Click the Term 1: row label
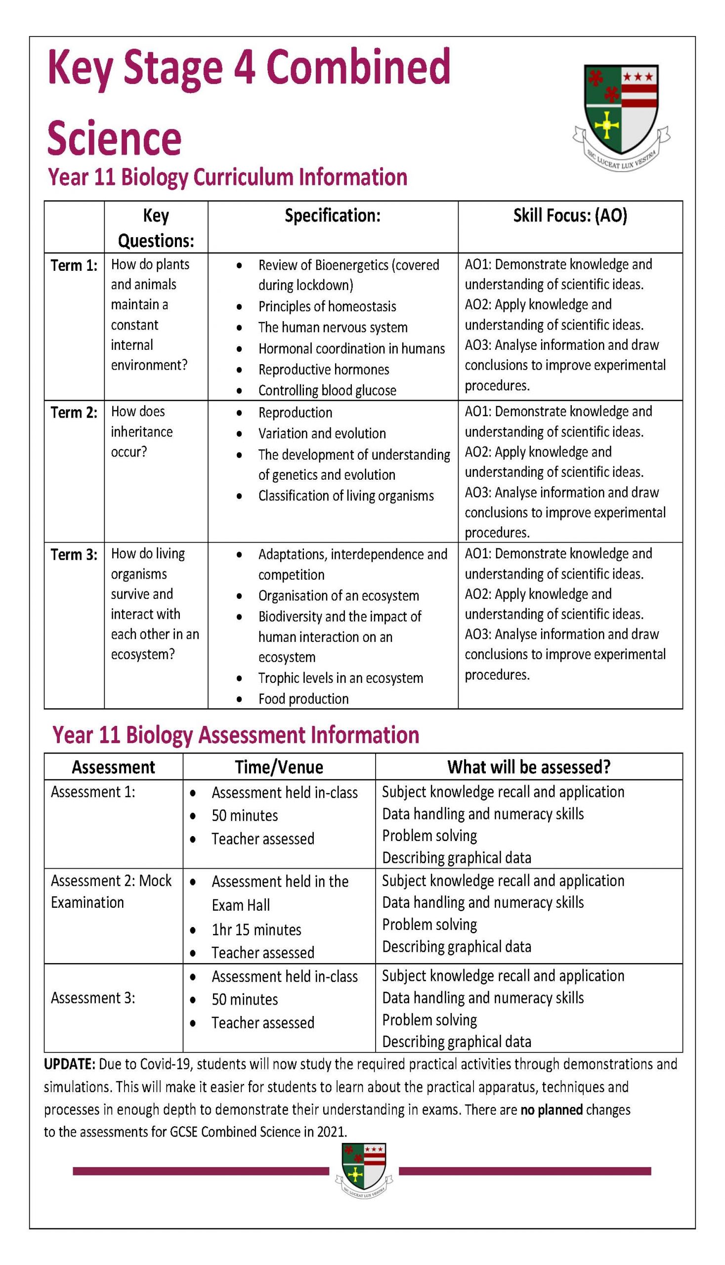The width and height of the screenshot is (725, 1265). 74,265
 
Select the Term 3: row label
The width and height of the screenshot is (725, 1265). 74,554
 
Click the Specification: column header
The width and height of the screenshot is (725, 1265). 332,215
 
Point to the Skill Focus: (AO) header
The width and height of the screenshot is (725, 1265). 570,215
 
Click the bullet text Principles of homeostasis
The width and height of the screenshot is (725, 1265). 327,306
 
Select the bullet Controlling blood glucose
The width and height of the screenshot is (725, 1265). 327,390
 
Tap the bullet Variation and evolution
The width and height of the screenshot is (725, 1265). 322,433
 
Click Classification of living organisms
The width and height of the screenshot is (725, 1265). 345,496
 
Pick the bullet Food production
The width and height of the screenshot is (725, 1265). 303,698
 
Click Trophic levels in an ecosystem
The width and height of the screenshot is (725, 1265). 340,677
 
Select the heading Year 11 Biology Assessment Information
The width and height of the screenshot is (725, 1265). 236,735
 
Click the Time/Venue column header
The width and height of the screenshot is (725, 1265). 279,767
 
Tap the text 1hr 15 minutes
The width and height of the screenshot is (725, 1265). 256,930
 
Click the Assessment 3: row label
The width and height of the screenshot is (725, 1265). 92,998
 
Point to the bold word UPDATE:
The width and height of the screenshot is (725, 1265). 69,1064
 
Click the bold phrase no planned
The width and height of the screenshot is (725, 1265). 551,1110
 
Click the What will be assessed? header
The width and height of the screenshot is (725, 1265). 528,767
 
